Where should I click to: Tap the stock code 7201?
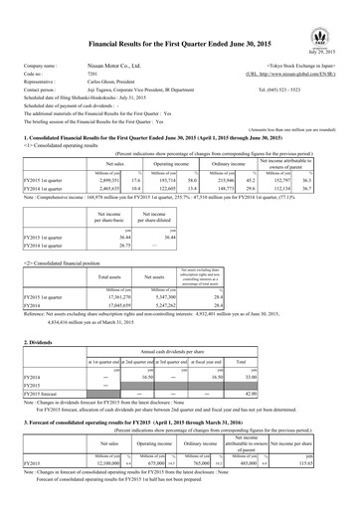[98, 73]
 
